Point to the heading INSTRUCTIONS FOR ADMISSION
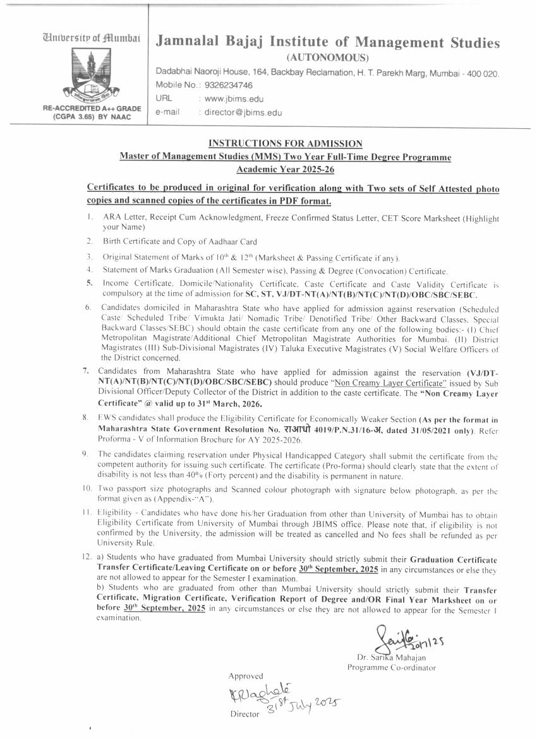pos(286,144)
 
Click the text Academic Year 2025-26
pos(286,169)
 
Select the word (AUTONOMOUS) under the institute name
pos(327,57)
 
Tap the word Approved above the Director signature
pos(246,676)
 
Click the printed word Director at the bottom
pos(245,714)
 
